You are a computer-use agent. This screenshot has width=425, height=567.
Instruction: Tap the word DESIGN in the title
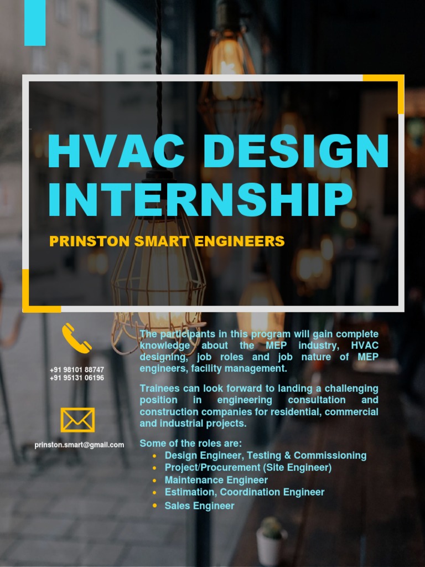[296, 151]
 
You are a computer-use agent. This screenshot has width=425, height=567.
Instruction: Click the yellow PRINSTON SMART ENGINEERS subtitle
[167, 241]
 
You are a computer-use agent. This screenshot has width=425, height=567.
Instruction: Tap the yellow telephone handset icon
[76, 338]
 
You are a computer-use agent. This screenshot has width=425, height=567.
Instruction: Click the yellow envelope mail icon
[77, 420]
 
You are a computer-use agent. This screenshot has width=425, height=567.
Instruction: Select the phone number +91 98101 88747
[77, 369]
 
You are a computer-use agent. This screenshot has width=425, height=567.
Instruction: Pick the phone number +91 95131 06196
[77, 378]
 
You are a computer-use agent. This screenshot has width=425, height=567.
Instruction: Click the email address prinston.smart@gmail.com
[79, 445]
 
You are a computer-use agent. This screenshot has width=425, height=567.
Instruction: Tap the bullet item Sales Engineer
[199, 506]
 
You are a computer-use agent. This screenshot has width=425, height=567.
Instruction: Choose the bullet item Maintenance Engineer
[216, 480]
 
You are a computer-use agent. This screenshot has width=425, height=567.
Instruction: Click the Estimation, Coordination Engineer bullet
[244, 492]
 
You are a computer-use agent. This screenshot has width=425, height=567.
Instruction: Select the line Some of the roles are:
[190, 443]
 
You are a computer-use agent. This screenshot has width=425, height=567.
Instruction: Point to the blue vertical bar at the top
[35, 22]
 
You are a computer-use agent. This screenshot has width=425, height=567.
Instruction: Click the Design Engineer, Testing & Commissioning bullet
[265, 455]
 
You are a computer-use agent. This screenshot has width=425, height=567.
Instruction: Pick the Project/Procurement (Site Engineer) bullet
[248, 467]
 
